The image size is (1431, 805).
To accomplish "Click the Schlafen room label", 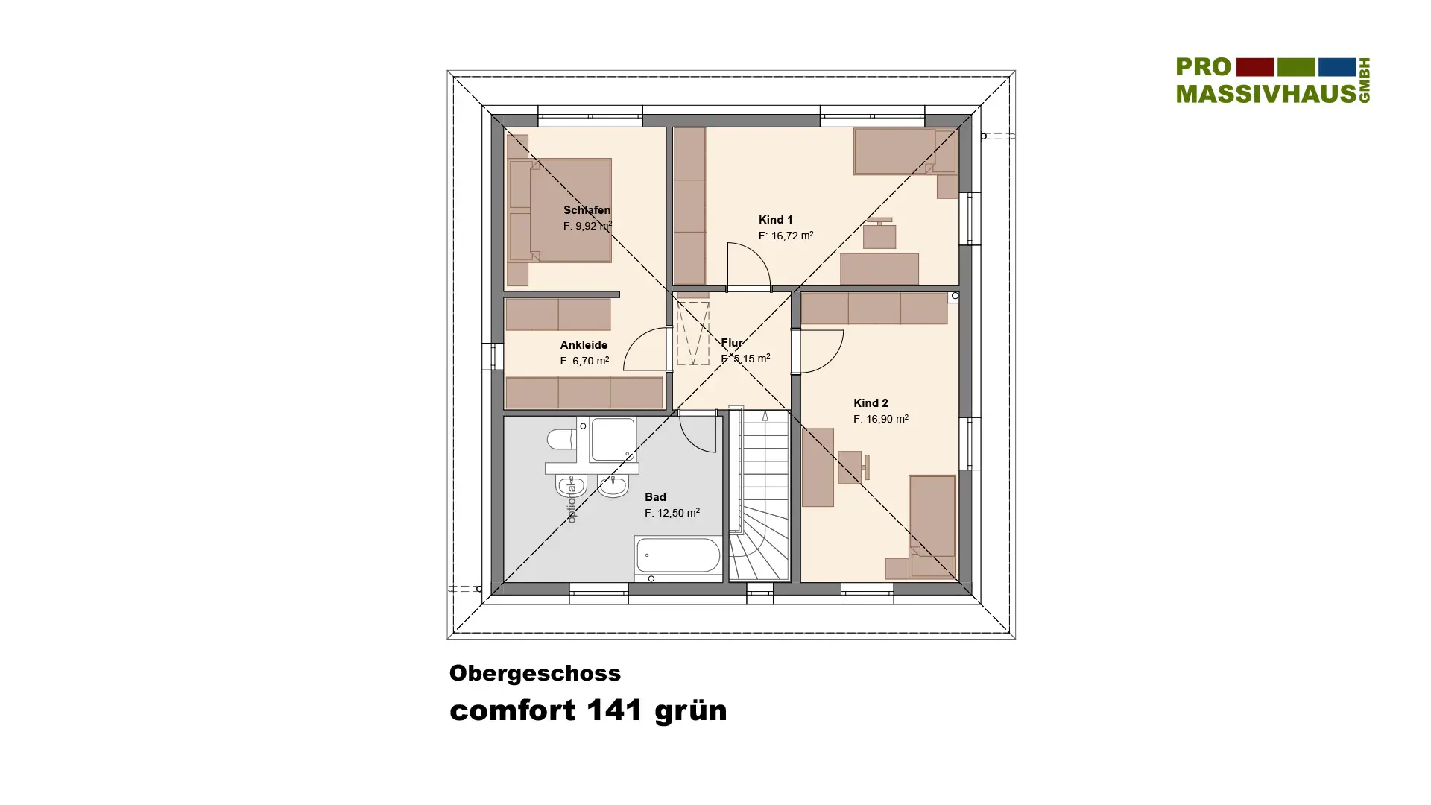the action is [x=587, y=210].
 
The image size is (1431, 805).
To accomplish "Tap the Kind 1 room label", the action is [x=775, y=220].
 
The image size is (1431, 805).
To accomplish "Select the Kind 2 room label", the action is [x=871, y=403].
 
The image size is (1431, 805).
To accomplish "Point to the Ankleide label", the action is [x=584, y=345].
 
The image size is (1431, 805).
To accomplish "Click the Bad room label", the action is [x=655, y=497].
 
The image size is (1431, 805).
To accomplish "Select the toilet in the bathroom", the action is [x=561, y=440].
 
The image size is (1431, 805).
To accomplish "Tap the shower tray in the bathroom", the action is [x=613, y=440].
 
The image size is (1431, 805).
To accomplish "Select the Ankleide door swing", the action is [x=645, y=349].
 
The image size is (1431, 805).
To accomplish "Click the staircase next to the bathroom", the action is [x=759, y=495].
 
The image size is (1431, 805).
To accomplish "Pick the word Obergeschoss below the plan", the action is [x=535, y=673].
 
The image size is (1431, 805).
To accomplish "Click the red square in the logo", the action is [x=1255, y=67].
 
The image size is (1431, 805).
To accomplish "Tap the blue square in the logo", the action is [x=1337, y=67].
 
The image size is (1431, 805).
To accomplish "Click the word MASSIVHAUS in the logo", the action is [x=1266, y=93].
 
